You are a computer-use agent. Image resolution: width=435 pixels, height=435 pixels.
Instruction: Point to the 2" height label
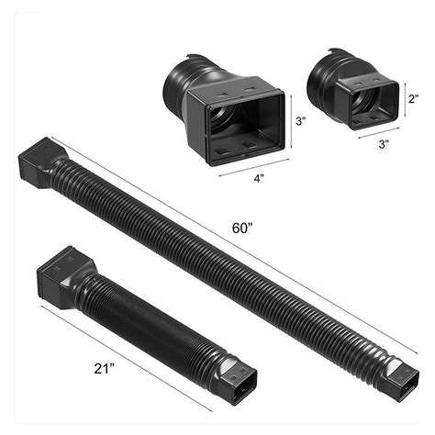414,98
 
